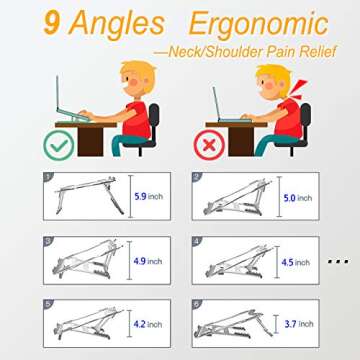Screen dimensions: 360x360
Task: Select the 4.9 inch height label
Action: pyautogui.click(x=147, y=262)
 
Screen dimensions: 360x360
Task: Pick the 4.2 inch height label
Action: pyautogui.click(x=147, y=324)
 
